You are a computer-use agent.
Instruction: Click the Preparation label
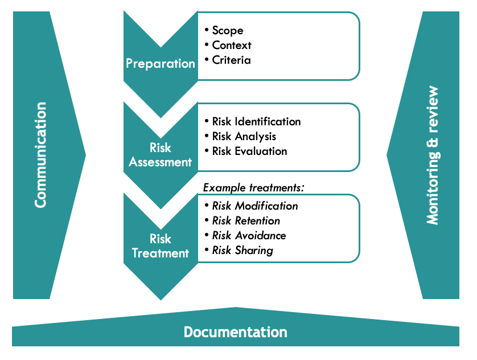click(x=161, y=63)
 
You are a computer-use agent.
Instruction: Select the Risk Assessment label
click(x=161, y=155)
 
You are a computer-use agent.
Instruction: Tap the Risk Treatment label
click(x=161, y=246)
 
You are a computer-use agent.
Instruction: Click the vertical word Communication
click(x=40, y=155)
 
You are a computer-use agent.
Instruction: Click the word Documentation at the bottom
click(x=235, y=332)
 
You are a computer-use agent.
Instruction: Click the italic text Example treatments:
click(x=254, y=187)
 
